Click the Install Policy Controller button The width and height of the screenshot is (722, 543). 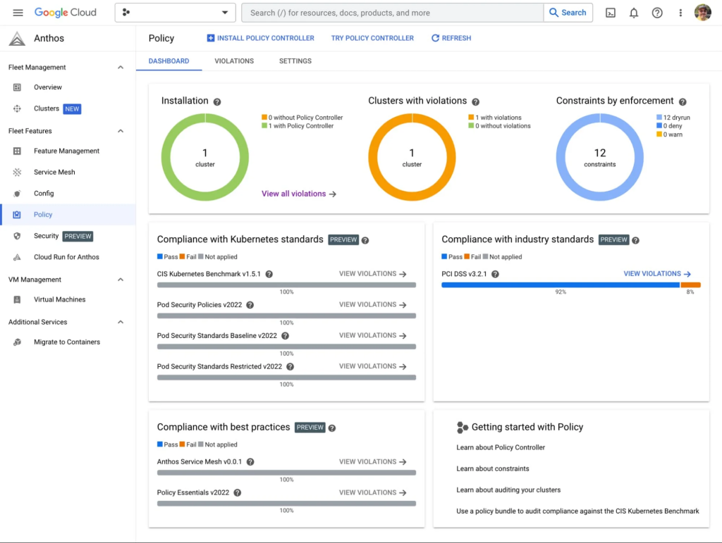click(x=261, y=38)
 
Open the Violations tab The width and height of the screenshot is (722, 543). click(x=234, y=61)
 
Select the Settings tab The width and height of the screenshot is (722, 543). click(x=295, y=61)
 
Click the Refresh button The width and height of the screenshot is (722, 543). click(x=451, y=38)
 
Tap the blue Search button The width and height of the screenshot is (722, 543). click(x=568, y=13)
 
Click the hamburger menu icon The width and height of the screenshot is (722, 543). click(x=18, y=13)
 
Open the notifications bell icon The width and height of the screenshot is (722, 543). click(x=634, y=13)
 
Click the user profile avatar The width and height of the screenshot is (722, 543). click(x=703, y=13)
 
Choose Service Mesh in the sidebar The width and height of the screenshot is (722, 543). click(x=54, y=172)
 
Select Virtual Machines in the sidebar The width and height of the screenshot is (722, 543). click(x=59, y=299)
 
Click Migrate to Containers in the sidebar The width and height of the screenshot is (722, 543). click(x=67, y=342)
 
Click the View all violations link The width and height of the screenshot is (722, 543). click(x=299, y=194)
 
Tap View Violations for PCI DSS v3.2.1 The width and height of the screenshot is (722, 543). click(x=657, y=273)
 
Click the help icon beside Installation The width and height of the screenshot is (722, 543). click(x=217, y=101)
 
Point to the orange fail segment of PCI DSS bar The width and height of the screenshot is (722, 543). click(x=690, y=285)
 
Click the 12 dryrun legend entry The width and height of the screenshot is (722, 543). click(x=673, y=118)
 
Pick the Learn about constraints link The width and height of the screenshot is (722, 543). click(x=493, y=468)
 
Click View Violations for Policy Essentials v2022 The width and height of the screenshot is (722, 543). click(x=372, y=492)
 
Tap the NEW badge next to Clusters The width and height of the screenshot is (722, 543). click(x=72, y=109)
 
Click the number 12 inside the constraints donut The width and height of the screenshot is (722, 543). click(x=599, y=153)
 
